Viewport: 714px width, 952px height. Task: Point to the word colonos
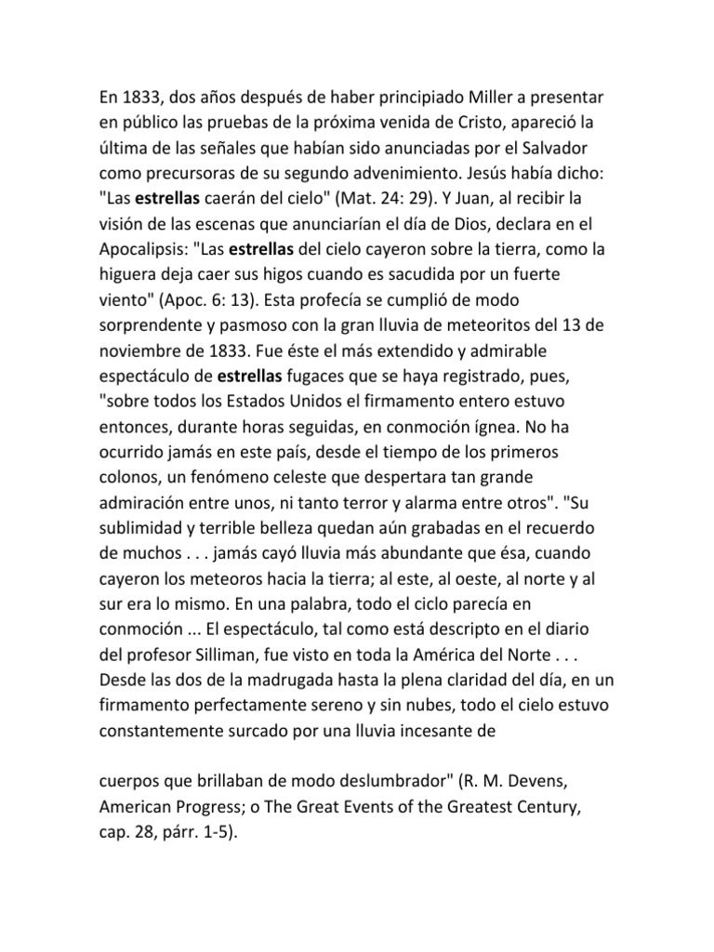tap(129, 479)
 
